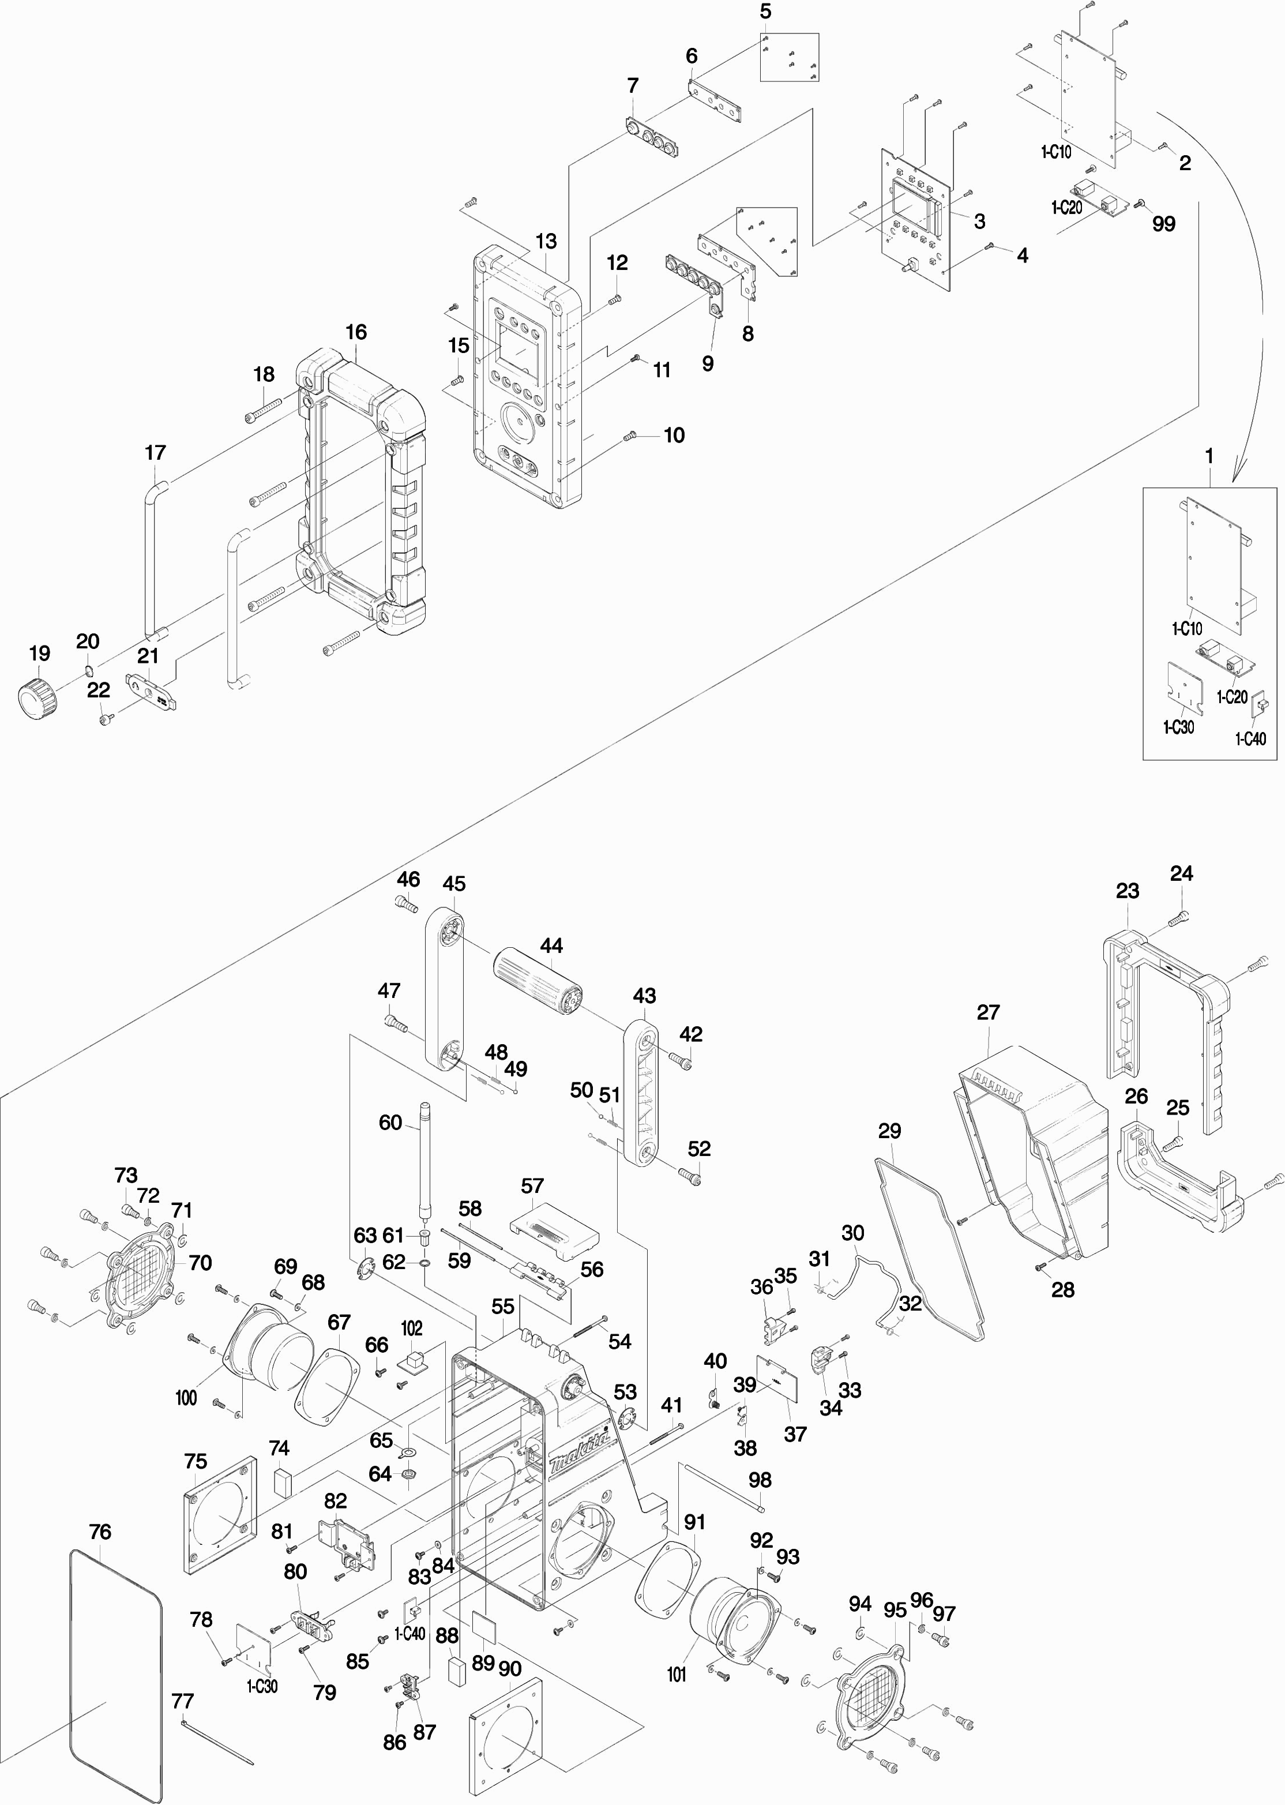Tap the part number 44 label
pos(551,945)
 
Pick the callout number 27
pos(989,1011)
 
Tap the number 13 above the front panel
pos(546,241)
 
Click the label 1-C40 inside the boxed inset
pos(1250,738)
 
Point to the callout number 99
pos(1164,223)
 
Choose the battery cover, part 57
pos(553,1229)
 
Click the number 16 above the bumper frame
pos(356,332)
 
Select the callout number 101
pos(677,1675)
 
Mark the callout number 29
pos(890,1130)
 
